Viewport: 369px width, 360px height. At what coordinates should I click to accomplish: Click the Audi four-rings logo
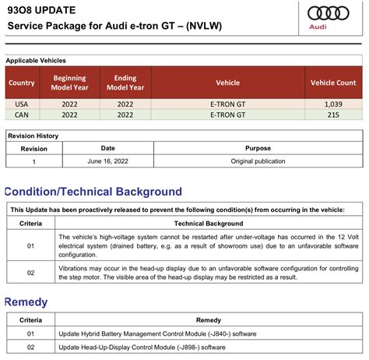(331, 13)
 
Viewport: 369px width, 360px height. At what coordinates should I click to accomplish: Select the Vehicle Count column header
(333, 83)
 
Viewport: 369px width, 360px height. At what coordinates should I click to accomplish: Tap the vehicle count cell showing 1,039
(333, 104)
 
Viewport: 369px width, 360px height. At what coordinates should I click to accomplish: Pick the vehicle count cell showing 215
(333, 115)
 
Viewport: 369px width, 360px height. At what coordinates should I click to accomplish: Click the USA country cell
(21, 104)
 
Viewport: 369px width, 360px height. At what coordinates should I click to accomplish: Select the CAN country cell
(21, 115)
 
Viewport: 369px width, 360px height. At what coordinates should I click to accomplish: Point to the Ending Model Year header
(125, 83)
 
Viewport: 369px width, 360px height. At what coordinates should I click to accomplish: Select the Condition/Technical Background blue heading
(93, 192)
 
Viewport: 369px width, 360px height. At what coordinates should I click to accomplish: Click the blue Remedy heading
(26, 302)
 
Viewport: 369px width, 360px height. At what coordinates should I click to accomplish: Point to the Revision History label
(33, 136)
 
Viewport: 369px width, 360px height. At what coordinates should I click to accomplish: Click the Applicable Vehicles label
(36, 60)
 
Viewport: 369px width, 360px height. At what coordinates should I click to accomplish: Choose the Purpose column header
(258, 148)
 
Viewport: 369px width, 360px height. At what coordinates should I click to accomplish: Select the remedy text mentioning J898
(142, 347)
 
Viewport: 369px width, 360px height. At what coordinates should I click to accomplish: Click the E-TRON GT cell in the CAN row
(227, 115)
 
